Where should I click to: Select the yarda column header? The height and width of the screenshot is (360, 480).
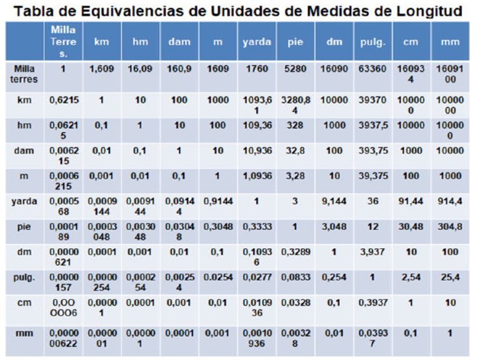click(256, 42)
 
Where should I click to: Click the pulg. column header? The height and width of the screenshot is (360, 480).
click(372, 42)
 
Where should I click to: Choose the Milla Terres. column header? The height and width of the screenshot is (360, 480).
click(62, 42)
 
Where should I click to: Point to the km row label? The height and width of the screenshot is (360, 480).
click(24, 99)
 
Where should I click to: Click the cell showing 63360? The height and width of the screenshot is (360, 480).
click(372, 69)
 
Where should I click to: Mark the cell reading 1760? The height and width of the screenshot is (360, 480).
click(256, 69)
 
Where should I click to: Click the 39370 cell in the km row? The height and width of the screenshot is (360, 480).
click(372, 99)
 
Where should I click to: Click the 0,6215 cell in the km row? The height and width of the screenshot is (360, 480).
click(62, 99)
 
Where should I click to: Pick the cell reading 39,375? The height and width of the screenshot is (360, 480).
click(372, 177)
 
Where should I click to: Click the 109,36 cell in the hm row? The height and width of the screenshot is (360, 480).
click(256, 125)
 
